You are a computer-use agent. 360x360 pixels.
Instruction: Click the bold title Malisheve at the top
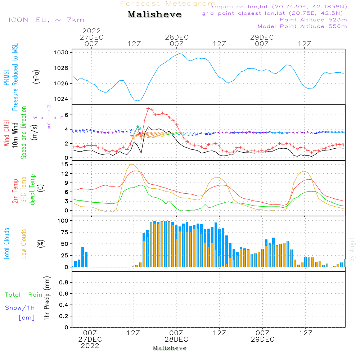click(154, 15)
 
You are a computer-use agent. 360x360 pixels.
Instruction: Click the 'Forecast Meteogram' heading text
click(168, 4)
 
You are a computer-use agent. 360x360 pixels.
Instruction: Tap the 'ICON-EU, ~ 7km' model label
click(46, 20)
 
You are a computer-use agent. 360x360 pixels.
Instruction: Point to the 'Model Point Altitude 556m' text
click(302, 26)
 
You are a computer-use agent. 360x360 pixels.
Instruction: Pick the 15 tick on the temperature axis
click(65, 165)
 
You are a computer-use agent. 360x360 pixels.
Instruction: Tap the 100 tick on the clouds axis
click(63, 220)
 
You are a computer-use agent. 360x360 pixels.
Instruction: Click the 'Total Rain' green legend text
click(24, 295)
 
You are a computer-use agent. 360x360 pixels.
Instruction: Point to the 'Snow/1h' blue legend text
click(20, 308)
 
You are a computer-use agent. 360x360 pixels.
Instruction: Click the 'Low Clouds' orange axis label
click(24, 243)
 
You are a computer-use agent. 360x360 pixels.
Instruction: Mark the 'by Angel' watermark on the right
click(352, 249)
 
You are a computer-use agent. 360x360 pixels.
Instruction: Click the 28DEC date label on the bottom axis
click(176, 339)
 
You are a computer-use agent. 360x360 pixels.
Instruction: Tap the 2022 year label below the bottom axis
click(90, 346)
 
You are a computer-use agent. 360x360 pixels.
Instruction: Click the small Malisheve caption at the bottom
click(170, 348)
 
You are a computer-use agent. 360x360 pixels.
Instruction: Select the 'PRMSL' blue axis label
click(6, 78)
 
